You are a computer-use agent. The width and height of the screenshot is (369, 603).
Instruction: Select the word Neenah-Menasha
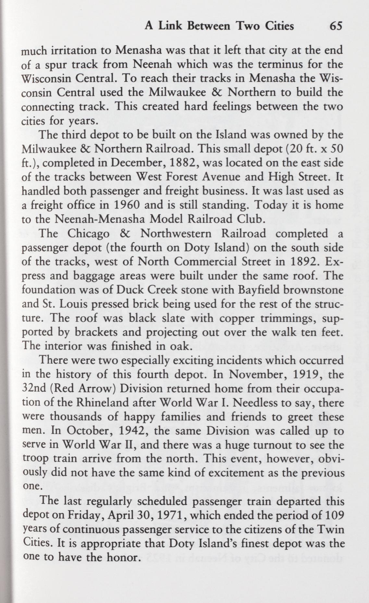point(93,219)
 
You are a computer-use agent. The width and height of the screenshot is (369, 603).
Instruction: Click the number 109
point(334,515)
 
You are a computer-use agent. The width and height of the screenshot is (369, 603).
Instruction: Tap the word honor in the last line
point(123,558)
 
